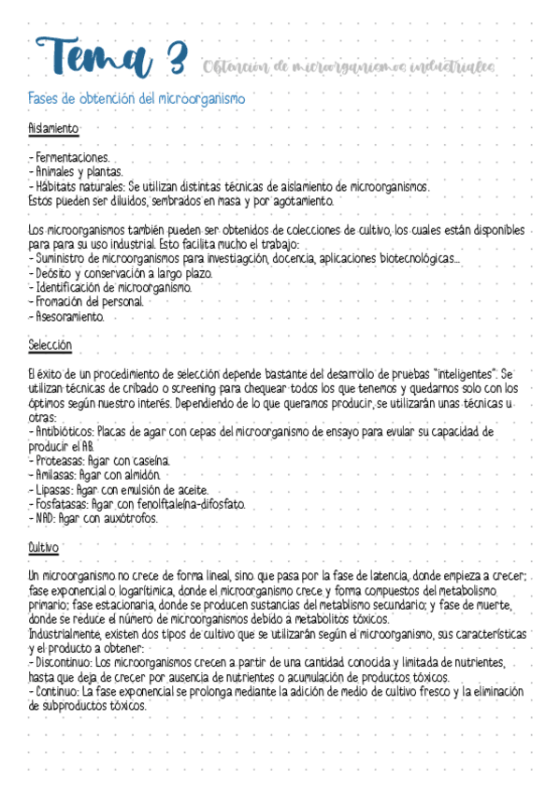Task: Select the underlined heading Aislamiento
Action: coord(53,128)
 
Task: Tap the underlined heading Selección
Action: coord(50,345)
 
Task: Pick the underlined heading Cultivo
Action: coord(44,546)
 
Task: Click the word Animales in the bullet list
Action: coord(56,172)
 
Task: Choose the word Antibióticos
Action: coord(64,432)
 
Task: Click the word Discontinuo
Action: coord(64,662)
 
